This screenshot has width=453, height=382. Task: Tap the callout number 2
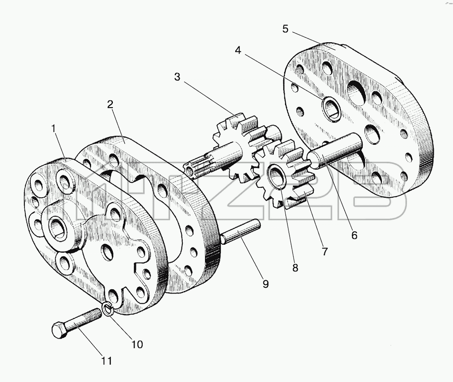pyautogui.click(x=110, y=105)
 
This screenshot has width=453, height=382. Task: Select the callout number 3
pyautogui.click(x=177, y=77)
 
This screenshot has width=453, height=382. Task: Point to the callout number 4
pyautogui.click(x=238, y=51)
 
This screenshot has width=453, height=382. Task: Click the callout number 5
pyautogui.click(x=285, y=29)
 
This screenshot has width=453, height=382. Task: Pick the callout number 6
pyautogui.click(x=354, y=235)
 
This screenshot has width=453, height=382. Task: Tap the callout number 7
pyautogui.click(x=325, y=252)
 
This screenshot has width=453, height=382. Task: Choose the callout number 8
pyautogui.click(x=295, y=268)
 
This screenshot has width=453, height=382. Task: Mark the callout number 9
pyautogui.click(x=265, y=284)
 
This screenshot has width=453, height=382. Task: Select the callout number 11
pyautogui.click(x=106, y=361)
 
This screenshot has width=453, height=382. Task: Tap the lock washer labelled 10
pyautogui.click(x=108, y=308)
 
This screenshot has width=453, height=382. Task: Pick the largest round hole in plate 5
pyautogui.click(x=356, y=94)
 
